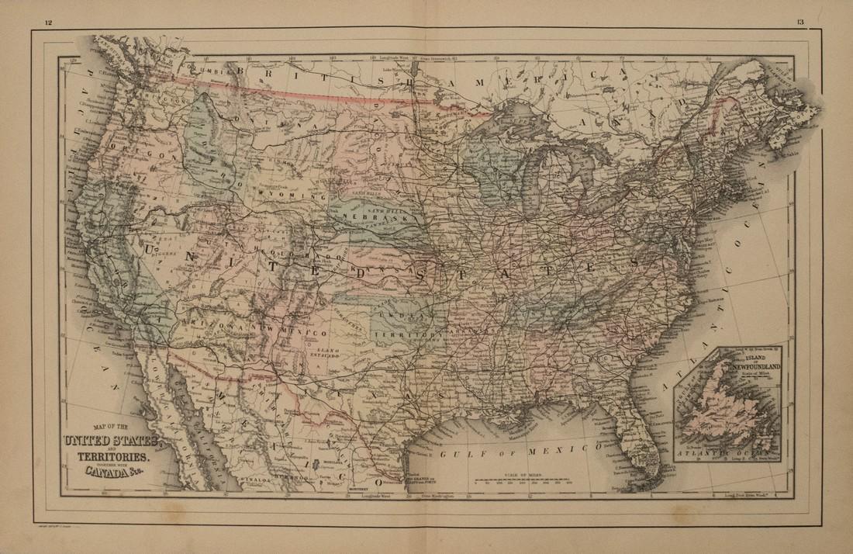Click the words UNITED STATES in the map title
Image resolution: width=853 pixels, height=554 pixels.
pos(109,441)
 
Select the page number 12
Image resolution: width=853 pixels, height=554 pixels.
pos(48,21)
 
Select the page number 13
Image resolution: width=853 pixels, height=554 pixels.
pos(799,21)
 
